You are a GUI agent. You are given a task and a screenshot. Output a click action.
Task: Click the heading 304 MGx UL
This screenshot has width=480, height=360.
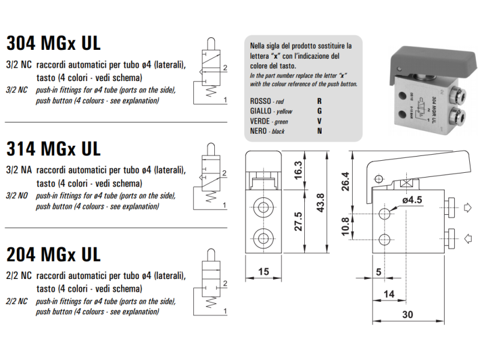(53, 43)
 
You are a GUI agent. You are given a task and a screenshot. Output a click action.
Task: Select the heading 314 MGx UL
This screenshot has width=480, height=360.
(53, 148)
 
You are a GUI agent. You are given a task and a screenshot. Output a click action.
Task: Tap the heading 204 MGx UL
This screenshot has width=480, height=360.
(53, 254)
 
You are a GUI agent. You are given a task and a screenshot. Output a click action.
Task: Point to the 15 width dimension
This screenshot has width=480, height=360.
(263, 272)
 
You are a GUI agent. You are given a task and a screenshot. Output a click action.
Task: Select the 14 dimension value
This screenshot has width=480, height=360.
(389, 294)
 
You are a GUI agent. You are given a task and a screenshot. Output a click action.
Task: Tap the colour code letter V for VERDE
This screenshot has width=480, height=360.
(320, 121)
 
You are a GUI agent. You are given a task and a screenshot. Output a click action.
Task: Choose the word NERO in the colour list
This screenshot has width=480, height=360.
(259, 131)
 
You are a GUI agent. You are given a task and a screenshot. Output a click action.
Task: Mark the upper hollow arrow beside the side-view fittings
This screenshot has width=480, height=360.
(468, 208)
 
